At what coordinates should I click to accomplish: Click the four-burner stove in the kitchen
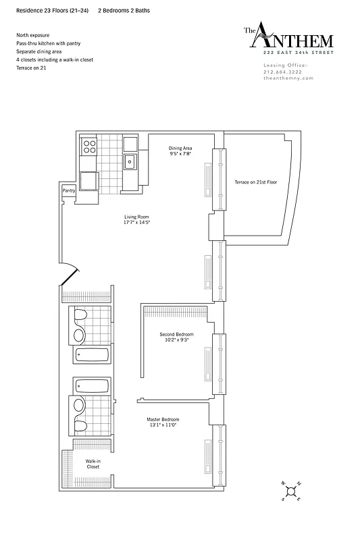[89, 146]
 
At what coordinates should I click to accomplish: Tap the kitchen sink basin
[130, 161]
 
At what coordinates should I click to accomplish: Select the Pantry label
[69, 191]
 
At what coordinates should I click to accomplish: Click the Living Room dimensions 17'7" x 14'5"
[136, 222]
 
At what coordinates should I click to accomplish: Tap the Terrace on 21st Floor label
[256, 182]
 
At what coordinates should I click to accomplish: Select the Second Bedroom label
[176, 335]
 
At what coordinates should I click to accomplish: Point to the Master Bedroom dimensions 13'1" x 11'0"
[163, 425]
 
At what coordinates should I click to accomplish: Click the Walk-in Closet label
[93, 464]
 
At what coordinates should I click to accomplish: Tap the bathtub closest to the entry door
[89, 356]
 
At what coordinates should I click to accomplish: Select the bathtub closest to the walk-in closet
[89, 385]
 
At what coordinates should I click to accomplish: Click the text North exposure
[32, 34]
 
